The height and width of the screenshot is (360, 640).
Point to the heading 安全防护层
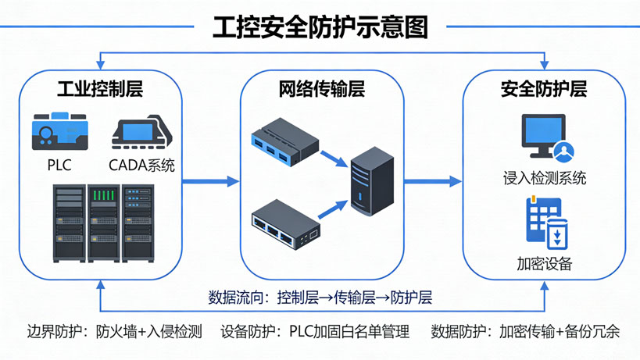[544, 88]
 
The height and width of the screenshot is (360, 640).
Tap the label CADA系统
[142, 165]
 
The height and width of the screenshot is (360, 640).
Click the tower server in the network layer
[366, 181]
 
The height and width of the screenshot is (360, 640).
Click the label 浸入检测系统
[545, 178]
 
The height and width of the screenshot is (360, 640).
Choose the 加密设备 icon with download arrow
[545, 223]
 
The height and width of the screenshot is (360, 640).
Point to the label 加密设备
[545, 263]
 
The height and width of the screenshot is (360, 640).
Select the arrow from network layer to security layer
[432, 181]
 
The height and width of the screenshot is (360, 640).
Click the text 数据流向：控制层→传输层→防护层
[320, 298]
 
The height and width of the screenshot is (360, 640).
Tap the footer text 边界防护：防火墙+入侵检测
[114, 331]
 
